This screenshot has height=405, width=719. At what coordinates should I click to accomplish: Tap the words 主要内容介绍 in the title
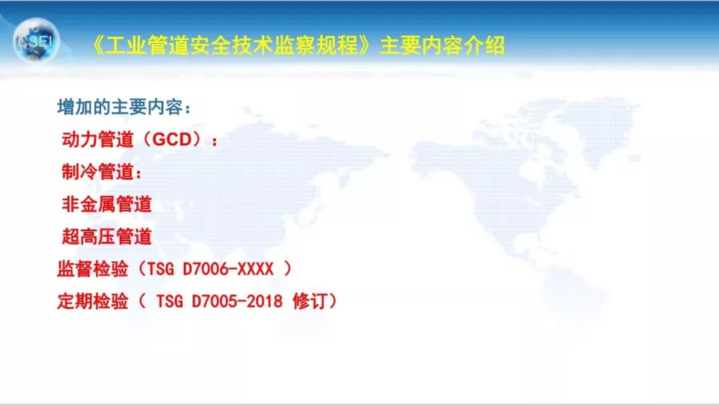pyautogui.click(x=442, y=46)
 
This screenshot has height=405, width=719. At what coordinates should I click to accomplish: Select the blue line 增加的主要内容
pyautogui.click(x=120, y=107)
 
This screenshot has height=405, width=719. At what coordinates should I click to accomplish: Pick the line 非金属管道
pyautogui.click(x=107, y=204)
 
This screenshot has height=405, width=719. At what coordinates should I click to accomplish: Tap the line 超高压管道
pyautogui.click(x=107, y=236)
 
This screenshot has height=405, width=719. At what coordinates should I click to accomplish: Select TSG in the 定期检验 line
pyautogui.click(x=171, y=302)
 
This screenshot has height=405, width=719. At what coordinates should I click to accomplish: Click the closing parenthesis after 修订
pyautogui.click(x=332, y=302)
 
